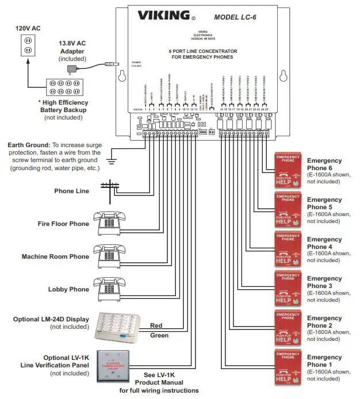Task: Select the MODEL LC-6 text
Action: pyautogui.click(x=236, y=17)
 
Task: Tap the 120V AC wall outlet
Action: pyautogui.click(x=27, y=46)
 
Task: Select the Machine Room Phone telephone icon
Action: pyautogui.click(x=106, y=254)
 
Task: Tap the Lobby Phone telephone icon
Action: pyautogui.click(x=106, y=288)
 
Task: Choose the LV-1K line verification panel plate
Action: pyautogui.click(x=113, y=366)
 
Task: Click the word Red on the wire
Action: pyautogui.click(x=156, y=325)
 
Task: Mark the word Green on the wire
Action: pyautogui.click(x=159, y=335)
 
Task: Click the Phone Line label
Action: pyautogui.click(x=72, y=191)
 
